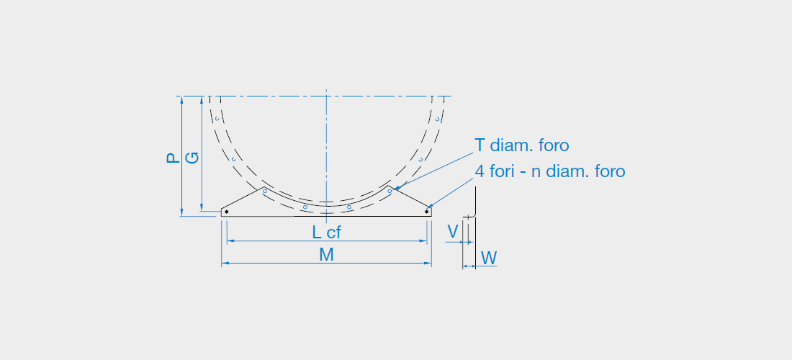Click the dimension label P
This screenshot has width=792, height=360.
[174, 158]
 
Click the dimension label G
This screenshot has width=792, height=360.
[192, 158]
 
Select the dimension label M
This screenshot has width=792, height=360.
[326, 255]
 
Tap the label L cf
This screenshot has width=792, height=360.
[326, 233]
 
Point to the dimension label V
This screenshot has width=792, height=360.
[453, 232]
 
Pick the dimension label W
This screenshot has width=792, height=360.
[489, 258]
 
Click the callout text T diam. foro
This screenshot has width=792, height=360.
[522, 145]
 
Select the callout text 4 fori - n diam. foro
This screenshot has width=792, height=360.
[550, 171]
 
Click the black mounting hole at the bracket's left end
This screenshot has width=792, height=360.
[226, 212]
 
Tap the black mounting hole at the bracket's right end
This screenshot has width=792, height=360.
[427, 212]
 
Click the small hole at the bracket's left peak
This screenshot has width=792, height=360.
[265, 191]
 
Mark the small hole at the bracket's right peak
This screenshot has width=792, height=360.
[390, 191]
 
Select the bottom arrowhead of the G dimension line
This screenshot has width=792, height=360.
[202, 207]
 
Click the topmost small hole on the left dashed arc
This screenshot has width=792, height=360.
[217, 119]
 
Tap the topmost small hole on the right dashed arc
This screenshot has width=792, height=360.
[438, 119]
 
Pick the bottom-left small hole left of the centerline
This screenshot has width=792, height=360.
[305, 207]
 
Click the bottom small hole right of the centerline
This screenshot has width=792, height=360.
[349, 207]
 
